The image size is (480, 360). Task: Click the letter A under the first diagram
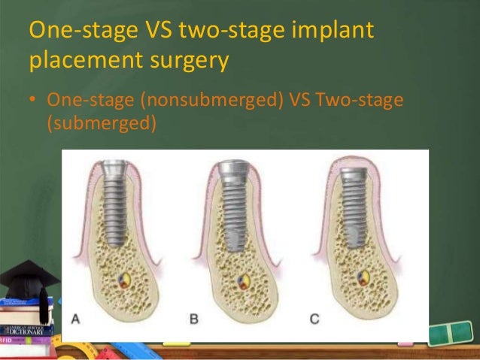tap(76, 319)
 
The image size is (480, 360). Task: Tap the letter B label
tap(194, 319)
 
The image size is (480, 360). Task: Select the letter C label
tap(314, 319)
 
